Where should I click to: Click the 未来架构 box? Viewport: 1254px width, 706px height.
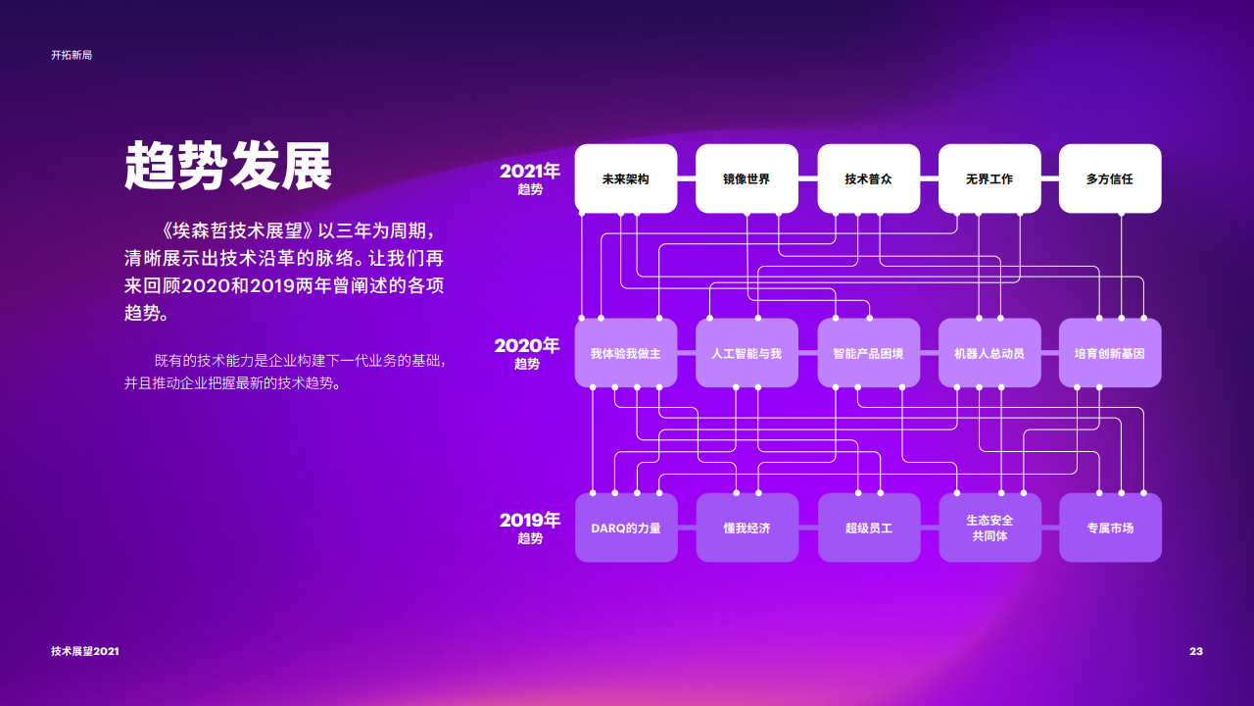pos(625,178)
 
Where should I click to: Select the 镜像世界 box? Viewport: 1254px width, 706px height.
pos(747,178)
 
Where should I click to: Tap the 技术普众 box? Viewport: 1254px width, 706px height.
pos(868,178)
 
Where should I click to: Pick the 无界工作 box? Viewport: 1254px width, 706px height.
pos(989,178)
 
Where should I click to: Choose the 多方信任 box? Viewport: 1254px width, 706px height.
pos(1110,178)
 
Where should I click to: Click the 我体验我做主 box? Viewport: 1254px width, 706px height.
pos(625,353)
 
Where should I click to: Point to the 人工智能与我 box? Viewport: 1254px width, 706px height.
pos(747,353)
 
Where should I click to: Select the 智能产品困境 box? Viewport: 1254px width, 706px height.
pos(868,353)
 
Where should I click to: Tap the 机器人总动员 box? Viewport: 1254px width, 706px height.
pos(989,353)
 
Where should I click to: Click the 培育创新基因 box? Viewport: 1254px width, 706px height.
pos(1110,353)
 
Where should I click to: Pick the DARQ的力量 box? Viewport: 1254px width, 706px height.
pos(625,528)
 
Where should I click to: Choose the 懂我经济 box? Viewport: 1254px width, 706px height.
pos(747,528)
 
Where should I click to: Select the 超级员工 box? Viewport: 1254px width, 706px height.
pos(868,528)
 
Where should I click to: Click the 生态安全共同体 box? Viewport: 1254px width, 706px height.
pos(989,528)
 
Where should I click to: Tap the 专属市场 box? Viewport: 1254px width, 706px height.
pos(1110,528)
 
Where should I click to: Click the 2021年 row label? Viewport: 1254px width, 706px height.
pos(530,177)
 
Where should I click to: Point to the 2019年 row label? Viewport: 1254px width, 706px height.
pos(530,527)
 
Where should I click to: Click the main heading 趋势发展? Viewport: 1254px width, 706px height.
pos(228,165)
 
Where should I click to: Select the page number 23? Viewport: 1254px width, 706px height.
pos(1195,652)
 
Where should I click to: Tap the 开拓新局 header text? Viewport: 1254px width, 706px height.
pos(72,56)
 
